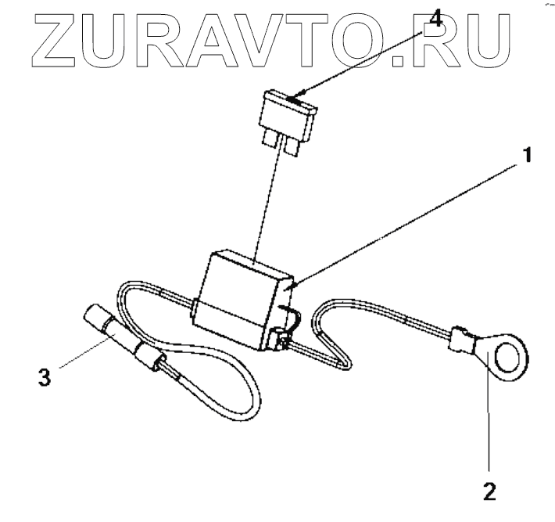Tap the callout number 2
489,492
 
